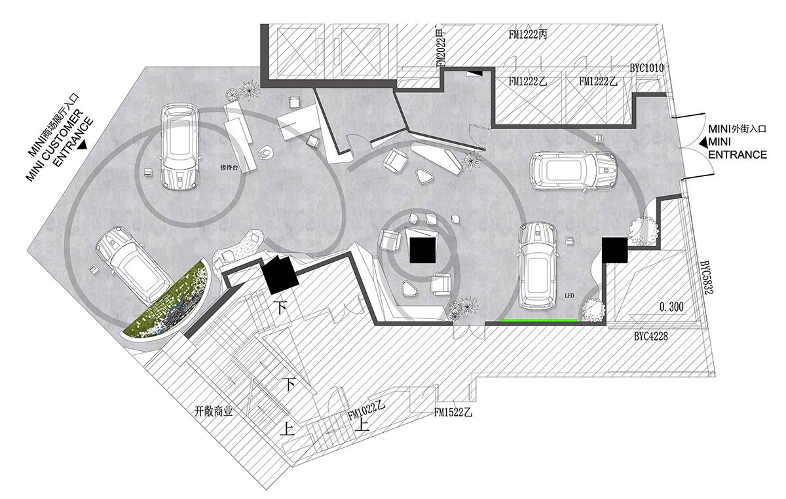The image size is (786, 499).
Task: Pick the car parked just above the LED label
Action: tap(537, 265)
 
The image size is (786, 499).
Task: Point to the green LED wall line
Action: tap(540, 321)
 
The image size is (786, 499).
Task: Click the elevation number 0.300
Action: tap(671, 306)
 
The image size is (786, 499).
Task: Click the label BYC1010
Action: tap(647, 67)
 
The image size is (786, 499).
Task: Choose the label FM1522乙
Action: tap(453, 413)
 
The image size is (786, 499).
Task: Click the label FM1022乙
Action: tap(365, 411)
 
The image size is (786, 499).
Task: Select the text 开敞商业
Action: tap(214, 412)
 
